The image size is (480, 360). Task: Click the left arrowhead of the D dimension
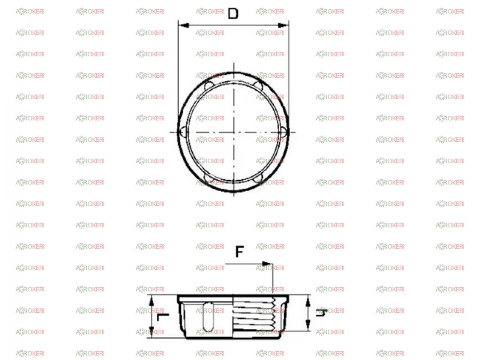[x=184, y=25]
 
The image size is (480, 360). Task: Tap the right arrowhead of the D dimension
[x=283, y=25]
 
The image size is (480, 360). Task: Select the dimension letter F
[x=240, y=252]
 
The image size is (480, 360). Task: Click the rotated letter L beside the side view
[x=163, y=317]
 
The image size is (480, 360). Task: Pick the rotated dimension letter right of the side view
[x=321, y=313]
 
